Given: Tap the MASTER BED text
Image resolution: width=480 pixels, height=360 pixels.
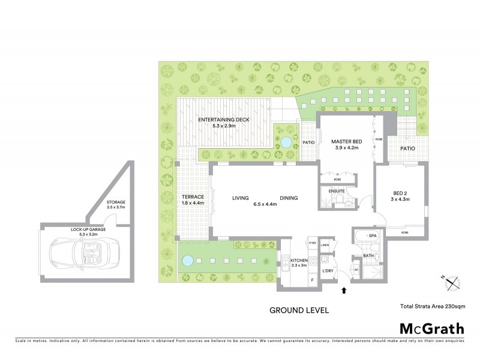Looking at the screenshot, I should pyautogui.click(x=344, y=142).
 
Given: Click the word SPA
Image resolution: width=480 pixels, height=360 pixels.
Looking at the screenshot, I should pyautogui.click(x=372, y=236).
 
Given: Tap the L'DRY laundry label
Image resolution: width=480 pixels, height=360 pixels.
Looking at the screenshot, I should pyautogui.click(x=328, y=272).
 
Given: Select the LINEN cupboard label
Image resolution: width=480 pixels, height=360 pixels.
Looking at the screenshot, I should pyautogui.click(x=325, y=245).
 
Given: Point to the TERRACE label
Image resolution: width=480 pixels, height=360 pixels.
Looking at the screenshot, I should pyautogui.click(x=193, y=197).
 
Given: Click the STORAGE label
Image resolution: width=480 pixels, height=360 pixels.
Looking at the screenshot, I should pyautogui.click(x=116, y=202).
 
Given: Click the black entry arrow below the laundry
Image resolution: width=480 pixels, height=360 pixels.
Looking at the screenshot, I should pyautogui.click(x=343, y=291).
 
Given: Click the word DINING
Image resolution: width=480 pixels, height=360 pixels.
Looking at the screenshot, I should pyautogui.click(x=288, y=198).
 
